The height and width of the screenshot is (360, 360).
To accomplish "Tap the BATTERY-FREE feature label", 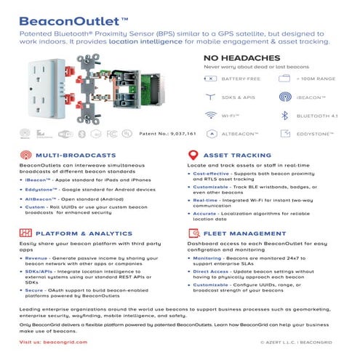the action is point(241,78).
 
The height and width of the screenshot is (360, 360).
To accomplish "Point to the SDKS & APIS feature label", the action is point(238,97).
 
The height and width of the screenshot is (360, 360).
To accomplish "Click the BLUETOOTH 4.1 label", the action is point(318,116).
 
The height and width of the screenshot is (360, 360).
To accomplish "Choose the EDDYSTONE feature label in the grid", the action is point(319,135).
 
